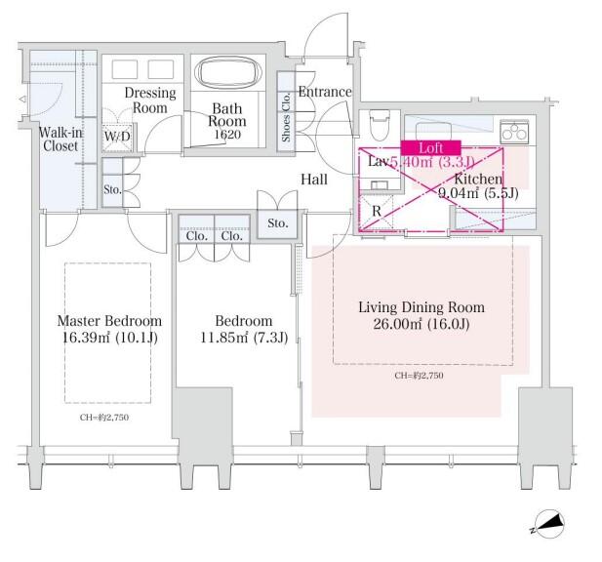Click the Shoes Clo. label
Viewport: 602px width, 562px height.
(286, 122)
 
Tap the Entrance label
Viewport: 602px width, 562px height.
(324, 92)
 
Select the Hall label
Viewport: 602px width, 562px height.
(314, 180)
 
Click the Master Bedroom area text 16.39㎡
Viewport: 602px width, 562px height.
(108, 338)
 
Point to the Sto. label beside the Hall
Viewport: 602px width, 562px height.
(278, 224)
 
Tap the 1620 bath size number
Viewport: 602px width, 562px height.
(228, 135)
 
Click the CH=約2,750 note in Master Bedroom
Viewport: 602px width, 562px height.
(103, 418)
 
